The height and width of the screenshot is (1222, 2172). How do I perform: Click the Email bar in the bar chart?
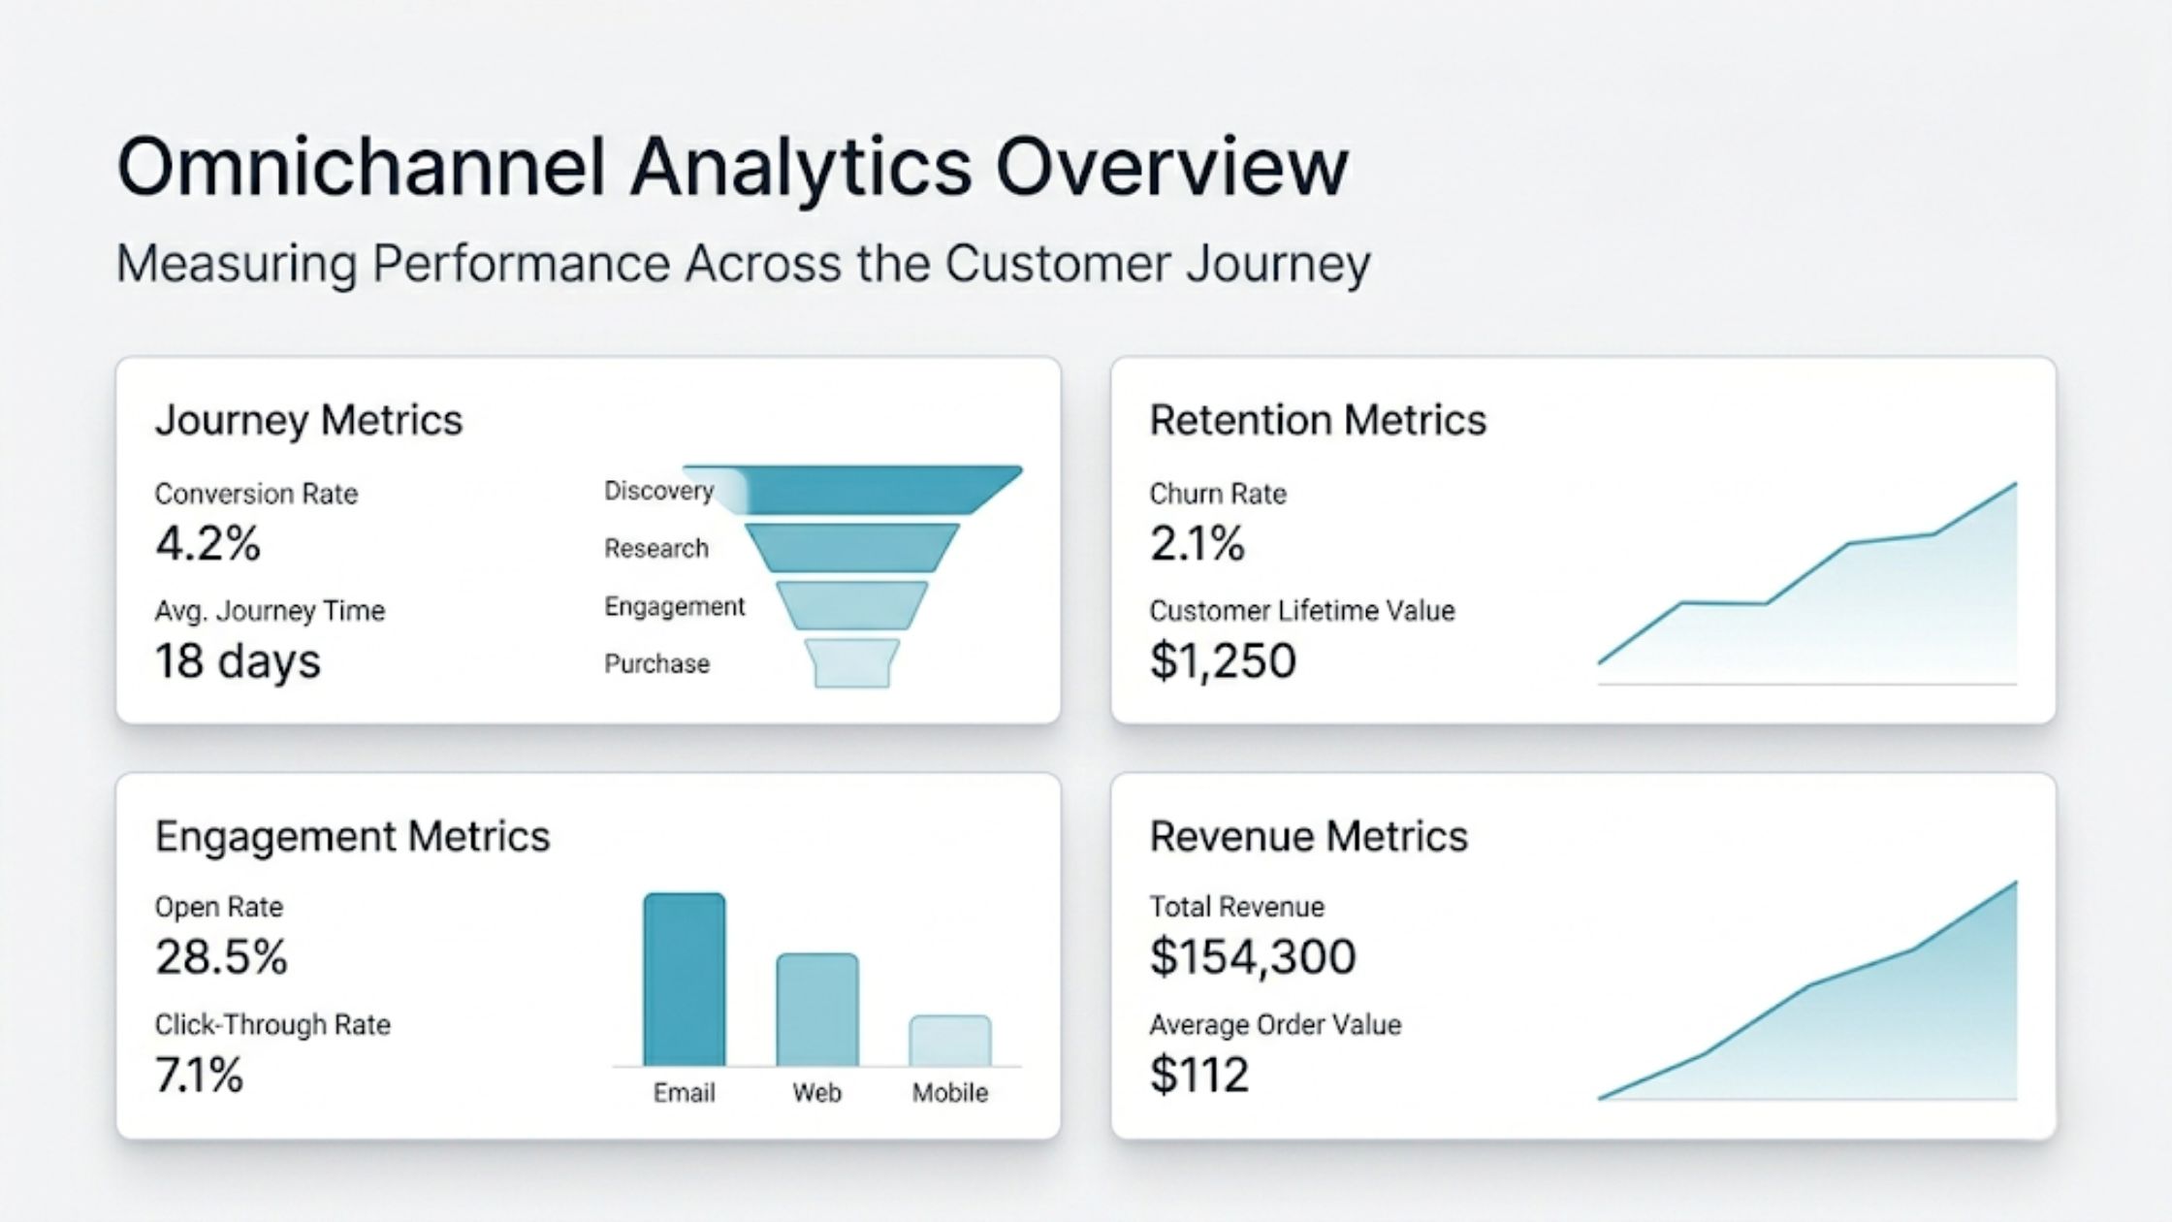684,980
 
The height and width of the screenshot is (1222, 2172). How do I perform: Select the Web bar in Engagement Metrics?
816,1010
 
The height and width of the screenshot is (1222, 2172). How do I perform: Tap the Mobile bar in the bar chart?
949,1041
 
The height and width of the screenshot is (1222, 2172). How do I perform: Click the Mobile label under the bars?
949,1093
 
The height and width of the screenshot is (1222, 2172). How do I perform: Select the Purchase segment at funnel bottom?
851,663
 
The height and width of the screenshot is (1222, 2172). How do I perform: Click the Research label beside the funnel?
656,549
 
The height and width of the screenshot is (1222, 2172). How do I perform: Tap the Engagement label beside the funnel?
674,606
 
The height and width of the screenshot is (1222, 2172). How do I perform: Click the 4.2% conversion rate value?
208,543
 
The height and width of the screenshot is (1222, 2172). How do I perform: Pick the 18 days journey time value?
238,661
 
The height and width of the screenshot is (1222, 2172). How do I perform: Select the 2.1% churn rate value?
1197,543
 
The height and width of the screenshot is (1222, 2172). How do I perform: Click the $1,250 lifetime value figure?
1223,661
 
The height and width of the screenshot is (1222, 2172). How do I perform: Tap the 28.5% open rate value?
221,957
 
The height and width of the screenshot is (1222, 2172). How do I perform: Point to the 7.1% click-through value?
199,1075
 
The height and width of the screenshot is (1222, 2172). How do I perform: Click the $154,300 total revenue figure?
1253,957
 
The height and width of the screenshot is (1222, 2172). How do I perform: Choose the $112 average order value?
1199,1075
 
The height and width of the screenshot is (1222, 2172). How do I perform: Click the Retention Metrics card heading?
1318,420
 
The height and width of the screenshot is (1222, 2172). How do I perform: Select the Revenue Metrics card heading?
1308,836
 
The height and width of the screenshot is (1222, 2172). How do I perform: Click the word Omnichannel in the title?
361,167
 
